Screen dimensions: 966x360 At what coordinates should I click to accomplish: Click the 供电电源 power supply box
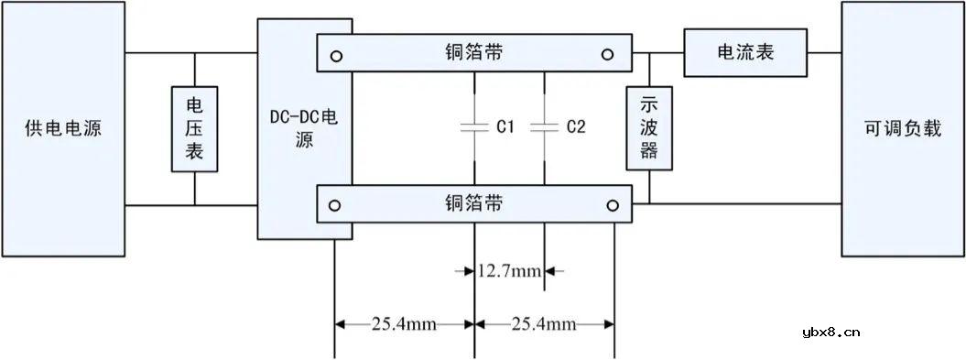coord(62,128)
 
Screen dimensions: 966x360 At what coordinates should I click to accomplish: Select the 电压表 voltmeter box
coord(194,129)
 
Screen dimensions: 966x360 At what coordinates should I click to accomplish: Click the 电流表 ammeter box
coord(744,52)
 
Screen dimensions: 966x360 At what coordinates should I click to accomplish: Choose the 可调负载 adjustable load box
coord(902,128)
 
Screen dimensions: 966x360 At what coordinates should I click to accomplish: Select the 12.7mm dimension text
coord(510,271)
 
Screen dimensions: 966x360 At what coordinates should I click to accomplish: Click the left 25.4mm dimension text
coord(403,322)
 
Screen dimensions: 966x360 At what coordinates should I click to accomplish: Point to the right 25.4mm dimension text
coord(545,322)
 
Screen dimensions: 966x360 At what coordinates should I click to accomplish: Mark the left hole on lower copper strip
coord(337,204)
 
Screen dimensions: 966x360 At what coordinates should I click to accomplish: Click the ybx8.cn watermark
coord(830,332)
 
